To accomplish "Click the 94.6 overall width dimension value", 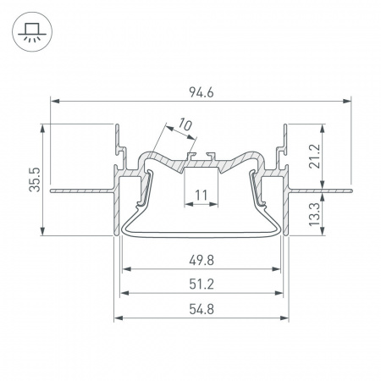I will point(202,89).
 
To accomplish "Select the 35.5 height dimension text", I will point(34,179).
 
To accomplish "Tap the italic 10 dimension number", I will point(185,127).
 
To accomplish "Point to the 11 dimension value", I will point(202,196).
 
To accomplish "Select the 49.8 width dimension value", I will point(202,260).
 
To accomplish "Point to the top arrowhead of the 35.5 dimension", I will point(41,129).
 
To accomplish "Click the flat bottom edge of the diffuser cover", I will point(202,231).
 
